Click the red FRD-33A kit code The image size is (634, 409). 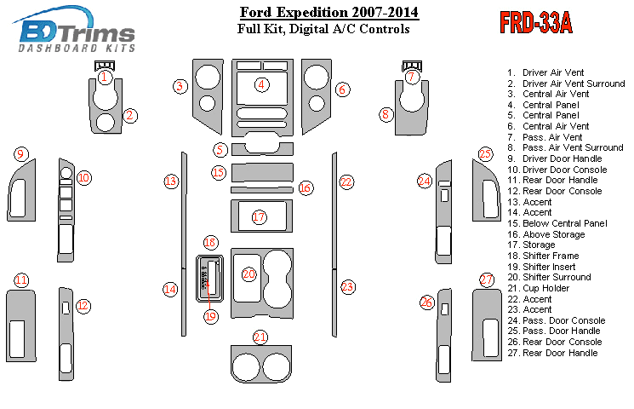pyautogui.click(x=534, y=23)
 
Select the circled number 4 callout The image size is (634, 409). pyautogui.click(x=262, y=84)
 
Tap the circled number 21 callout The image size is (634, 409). pyautogui.click(x=260, y=337)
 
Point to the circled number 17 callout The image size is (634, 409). pyautogui.click(x=260, y=217)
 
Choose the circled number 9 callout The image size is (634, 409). pyautogui.click(x=20, y=154)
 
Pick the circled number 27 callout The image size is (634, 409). pyautogui.click(x=487, y=279)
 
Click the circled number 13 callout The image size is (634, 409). pyautogui.click(x=171, y=181)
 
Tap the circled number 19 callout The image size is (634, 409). pyautogui.click(x=211, y=316)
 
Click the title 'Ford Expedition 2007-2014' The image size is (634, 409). pyautogui.click(x=328, y=13)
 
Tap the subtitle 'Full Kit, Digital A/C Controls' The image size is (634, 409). pyautogui.click(x=323, y=29)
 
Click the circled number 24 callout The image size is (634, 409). pyautogui.click(x=425, y=181)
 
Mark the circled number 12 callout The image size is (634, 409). pyautogui.click(x=83, y=305)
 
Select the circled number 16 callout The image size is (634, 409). pyautogui.click(x=306, y=187)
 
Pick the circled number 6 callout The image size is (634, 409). pyautogui.click(x=342, y=89)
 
